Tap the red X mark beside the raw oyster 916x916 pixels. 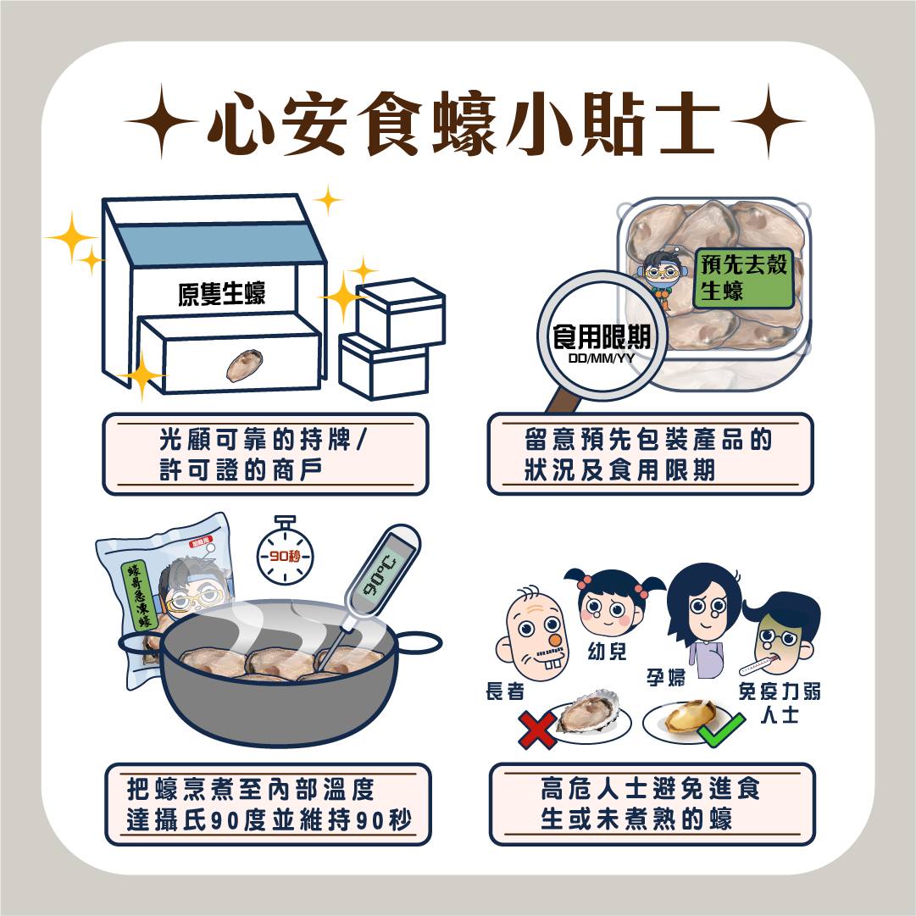[x=536, y=729]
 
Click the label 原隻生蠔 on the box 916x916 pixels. [x=221, y=293]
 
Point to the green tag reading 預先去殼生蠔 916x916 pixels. [x=744, y=278]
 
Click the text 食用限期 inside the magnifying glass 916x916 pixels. [x=601, y=336]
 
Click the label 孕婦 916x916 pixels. [x=666, y=678]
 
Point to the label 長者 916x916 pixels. [x=505, y=691]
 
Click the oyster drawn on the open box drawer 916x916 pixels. [x=244, y=365]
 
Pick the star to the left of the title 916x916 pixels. [x=162, y=121]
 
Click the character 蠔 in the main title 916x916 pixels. [x=465, y=123]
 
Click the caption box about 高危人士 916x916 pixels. [x=652, y=804]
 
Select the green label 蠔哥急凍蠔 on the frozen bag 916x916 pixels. [x=136, y=597]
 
